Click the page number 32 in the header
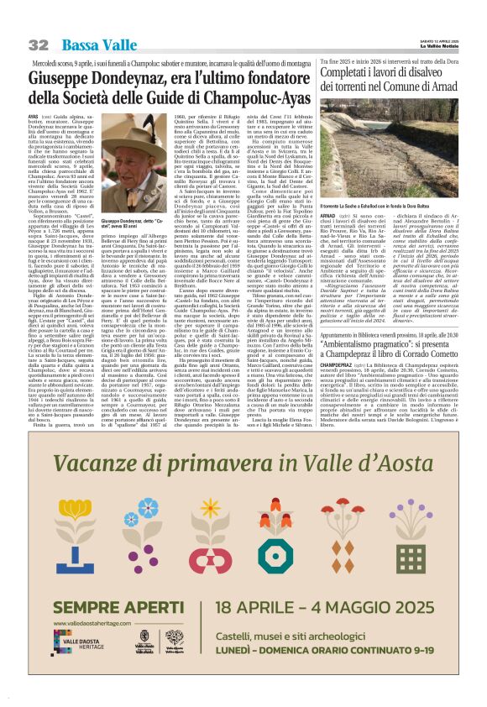tap(38, 45)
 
